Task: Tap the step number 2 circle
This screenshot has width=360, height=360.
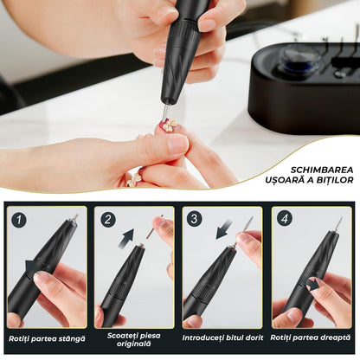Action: (x=107, y=220)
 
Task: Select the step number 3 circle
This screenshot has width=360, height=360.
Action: (x=195, y=220)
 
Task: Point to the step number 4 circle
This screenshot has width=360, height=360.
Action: (x=284, y=220)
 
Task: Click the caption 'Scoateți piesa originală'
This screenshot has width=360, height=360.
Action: (x=134, y=339)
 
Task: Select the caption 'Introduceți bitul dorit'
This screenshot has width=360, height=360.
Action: (x=223, y=339)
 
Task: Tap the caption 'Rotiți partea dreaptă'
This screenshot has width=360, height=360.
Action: (x=310, y=339)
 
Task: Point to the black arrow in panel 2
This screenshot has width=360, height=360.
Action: (x=128, y=235)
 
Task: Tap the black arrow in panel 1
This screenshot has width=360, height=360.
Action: (x=33, y=266)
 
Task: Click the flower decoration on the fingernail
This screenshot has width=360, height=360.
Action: (x=170, y=125)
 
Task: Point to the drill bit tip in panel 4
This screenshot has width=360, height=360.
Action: (x=338, y=223)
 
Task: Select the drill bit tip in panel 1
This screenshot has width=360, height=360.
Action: (x=74, y=218)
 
